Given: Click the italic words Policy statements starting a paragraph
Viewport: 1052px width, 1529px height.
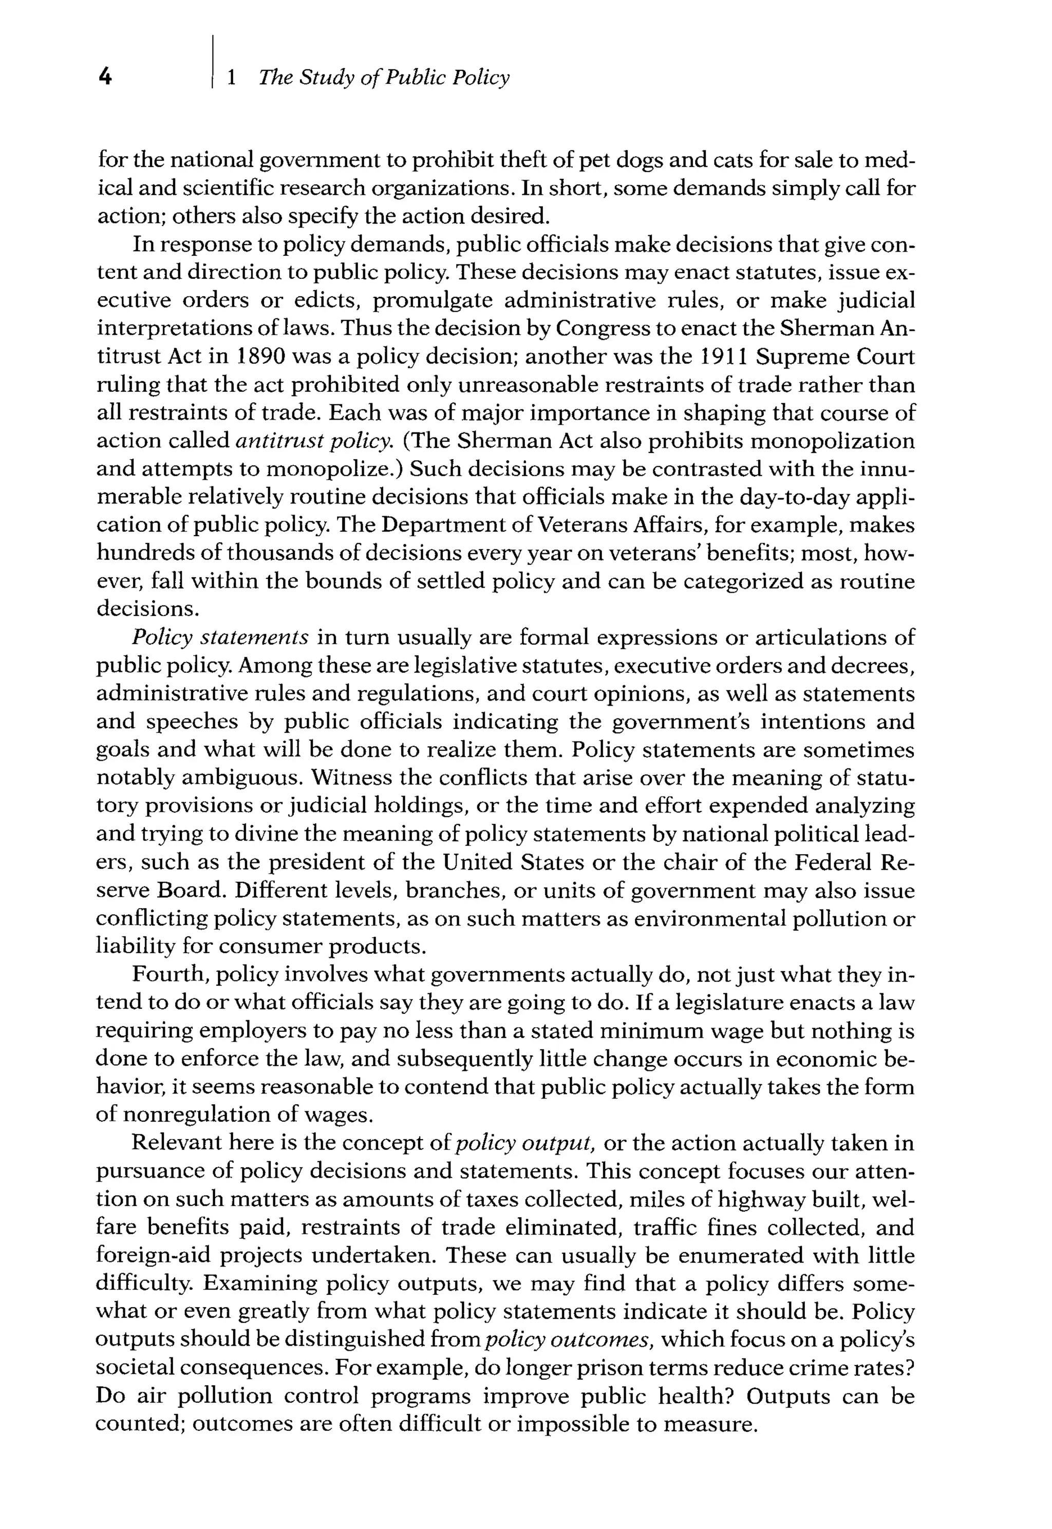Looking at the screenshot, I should click(x=220, y=637).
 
